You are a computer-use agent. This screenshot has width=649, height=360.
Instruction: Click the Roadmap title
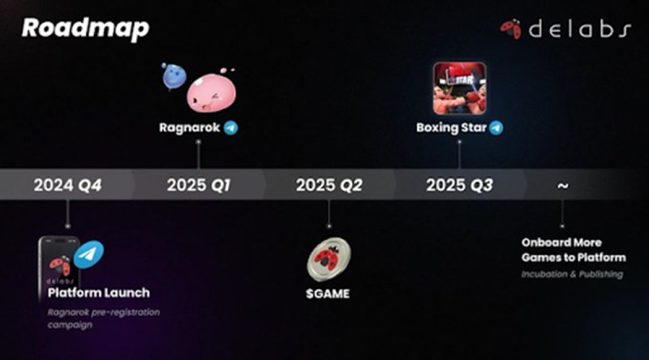click(x=85, y=28)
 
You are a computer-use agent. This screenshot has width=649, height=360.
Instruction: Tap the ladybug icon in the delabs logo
click(x=511, y=29)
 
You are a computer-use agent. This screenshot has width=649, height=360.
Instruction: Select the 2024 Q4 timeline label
click(x=67, y=185)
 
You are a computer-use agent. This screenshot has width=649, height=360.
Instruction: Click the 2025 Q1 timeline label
click(x=199, y=185)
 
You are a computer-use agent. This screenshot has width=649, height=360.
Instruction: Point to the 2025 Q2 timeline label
click(x=329, y=185)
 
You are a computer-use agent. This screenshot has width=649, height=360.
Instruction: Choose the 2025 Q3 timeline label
click(x=459, y=185)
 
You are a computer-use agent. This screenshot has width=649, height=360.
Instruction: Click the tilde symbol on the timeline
click(x=562, y=186)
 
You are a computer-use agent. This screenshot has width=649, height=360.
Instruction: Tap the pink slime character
click(x=211, y=92)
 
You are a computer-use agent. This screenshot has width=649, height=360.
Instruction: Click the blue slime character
click(x=174, y=76)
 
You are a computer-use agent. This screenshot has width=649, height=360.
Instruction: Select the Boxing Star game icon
click(x=459, y=88)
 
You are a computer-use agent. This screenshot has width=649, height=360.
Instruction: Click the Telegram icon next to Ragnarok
click(x=230, y=128)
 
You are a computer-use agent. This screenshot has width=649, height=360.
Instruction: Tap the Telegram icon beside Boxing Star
click(x=496, y=128)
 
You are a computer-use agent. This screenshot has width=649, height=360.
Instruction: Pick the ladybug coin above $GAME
click(x=329, y=259)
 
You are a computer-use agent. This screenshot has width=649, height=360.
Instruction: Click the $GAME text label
click(x=328, y=294)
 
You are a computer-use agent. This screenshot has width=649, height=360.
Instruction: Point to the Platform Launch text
click(x=98, y=293)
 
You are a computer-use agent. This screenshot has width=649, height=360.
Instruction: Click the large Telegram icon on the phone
click(x=88, y=255)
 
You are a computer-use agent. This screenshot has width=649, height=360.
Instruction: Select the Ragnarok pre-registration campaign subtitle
click(x=104, y=318)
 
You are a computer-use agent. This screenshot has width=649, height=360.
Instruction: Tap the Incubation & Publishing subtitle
click(x=572, y=274)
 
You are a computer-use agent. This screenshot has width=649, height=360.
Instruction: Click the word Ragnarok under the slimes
click(x=190, y=128)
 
